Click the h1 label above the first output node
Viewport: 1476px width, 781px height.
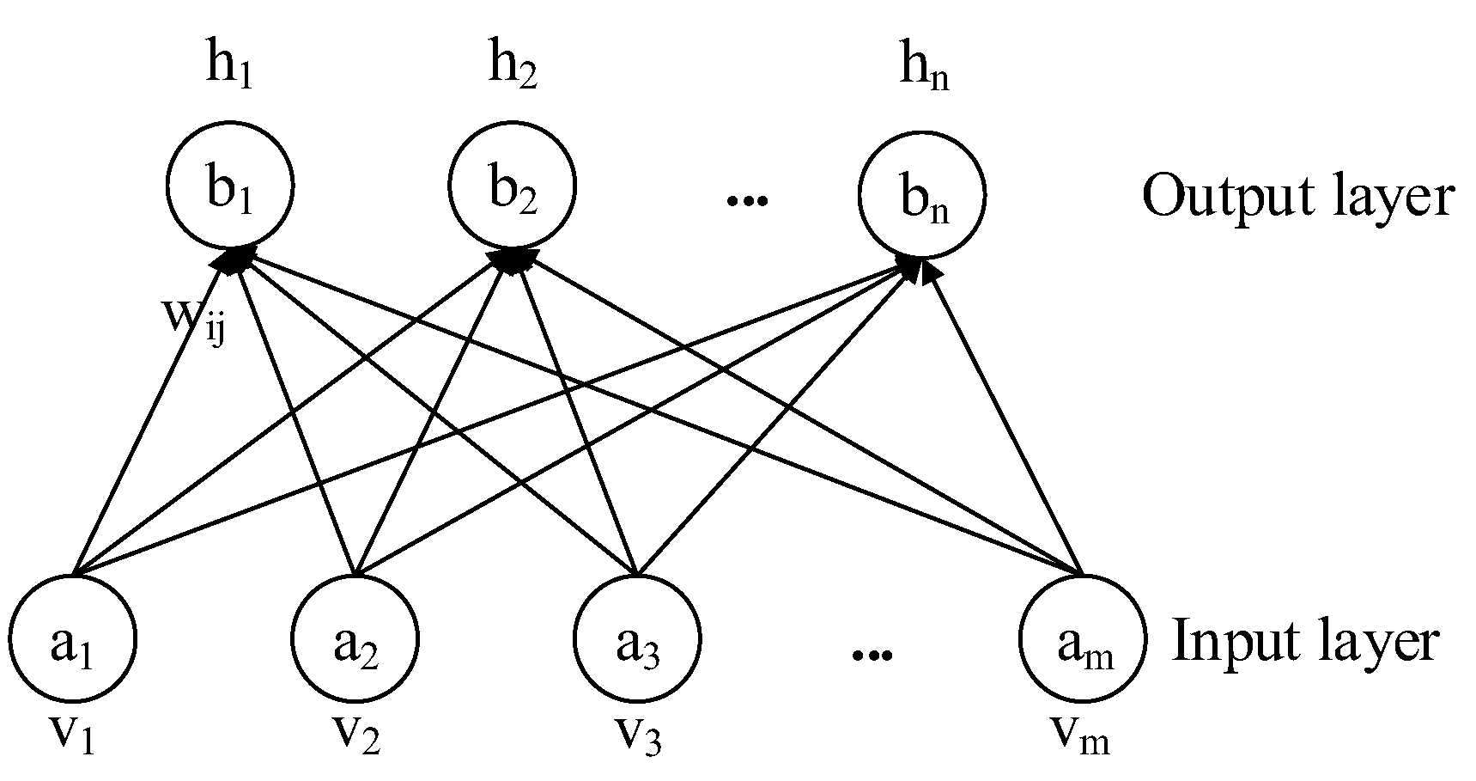(x=229, y=66)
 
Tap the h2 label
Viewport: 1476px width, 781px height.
(x=513, y=66)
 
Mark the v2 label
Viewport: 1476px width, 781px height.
(x=356, y=729)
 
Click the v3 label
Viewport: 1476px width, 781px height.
(x=637, y=729)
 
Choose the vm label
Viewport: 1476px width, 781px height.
(x=1079, y=729)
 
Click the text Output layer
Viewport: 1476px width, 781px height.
(x=1297, y=197)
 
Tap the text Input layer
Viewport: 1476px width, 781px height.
(x=1304, y=642)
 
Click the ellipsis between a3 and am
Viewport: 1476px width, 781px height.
(x=872, y=656)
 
